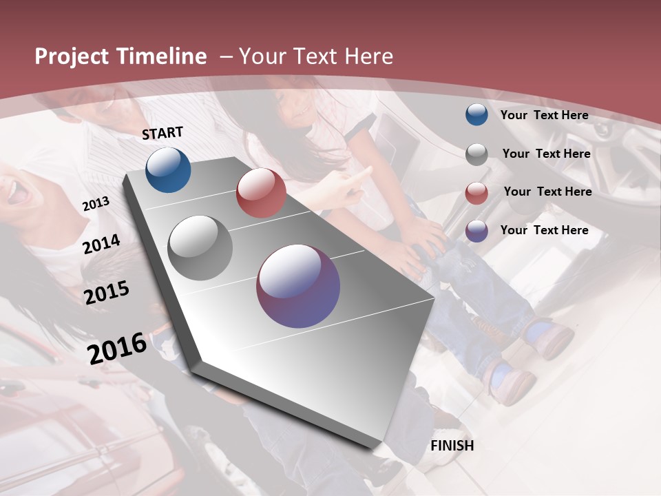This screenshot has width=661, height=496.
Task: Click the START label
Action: coord(162,133)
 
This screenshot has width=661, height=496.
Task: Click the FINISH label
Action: coord(452,446)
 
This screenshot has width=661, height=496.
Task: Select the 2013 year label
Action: coord(96,204)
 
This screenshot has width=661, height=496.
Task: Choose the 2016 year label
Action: coord(117,349)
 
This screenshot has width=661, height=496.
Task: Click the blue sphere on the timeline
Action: coord(168,169)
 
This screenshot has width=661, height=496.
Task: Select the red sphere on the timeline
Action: coord(261,193)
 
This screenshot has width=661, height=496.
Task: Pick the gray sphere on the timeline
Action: coord(200,248)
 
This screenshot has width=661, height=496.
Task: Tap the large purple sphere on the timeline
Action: coord(298,286)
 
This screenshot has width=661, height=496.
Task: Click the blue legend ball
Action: coord(476,114)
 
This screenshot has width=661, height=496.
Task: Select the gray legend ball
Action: coord(476,154)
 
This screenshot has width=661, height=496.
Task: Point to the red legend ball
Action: coord(476,193)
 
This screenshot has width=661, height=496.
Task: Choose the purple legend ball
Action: coord(476,231)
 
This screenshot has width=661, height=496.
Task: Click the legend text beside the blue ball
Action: coord(544,115)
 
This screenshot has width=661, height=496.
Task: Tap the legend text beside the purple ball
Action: coord(544,230)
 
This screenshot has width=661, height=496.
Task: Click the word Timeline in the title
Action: coord(162,56)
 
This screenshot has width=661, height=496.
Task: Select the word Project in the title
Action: coord(72,56)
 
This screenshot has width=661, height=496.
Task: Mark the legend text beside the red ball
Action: coord(547,192)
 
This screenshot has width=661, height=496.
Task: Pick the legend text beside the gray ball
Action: coord(546,154)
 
